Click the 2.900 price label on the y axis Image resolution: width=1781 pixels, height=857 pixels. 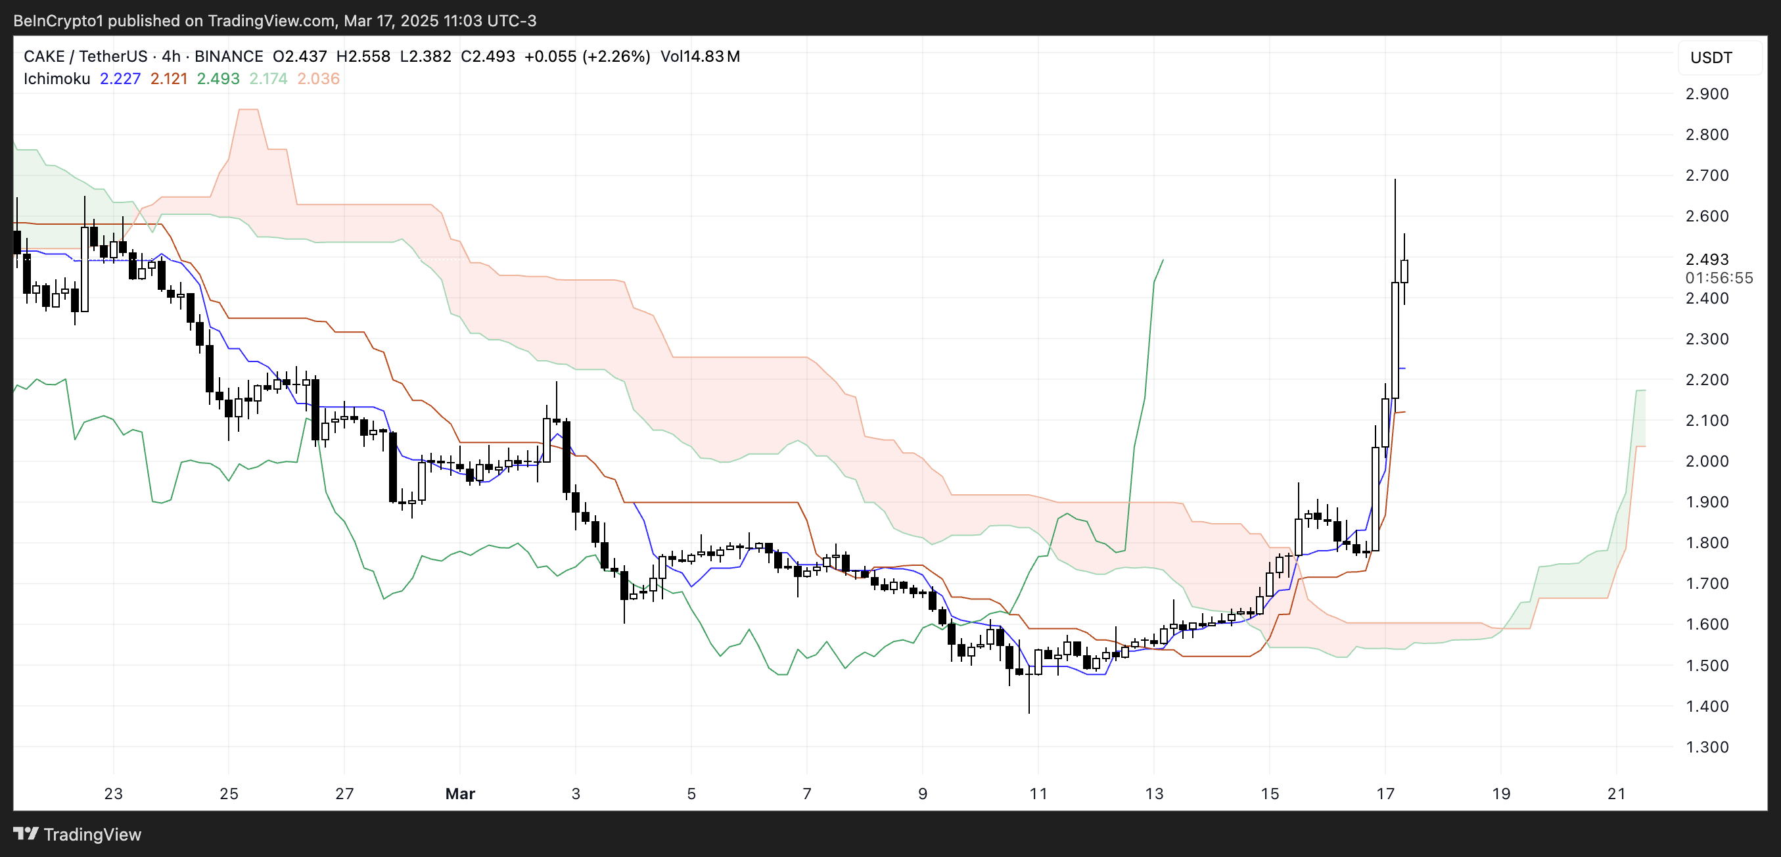pos(1706,94)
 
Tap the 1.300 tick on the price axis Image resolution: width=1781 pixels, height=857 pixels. pos(1706,747)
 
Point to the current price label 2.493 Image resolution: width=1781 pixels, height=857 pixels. pos(1706,259)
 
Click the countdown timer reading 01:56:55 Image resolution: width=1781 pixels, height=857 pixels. pos(1718,278)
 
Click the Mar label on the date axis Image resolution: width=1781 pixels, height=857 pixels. pos(460,793)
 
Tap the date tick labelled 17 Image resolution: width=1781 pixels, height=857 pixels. pos(1385,793)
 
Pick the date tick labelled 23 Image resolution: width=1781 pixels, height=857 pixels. pos(114,793)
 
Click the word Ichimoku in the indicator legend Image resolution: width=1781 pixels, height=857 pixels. pos(57,79)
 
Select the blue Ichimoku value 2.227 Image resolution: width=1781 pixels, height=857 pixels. pos(120,79)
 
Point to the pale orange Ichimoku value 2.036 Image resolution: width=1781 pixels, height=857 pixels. pos(318,79)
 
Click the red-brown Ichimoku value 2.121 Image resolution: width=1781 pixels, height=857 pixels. pos(169,79)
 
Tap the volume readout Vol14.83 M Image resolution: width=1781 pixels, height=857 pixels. pos(700,57)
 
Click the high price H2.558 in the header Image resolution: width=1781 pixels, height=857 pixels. pos(363,57)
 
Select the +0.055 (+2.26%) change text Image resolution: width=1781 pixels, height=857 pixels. pos(587,57)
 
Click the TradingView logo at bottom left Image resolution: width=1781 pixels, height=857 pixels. pos(77,834)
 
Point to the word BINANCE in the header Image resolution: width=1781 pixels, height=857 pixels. pos(228,57)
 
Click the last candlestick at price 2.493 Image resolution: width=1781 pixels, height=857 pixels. pos(1404,271)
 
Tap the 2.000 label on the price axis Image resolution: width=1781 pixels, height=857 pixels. pos(1706,461)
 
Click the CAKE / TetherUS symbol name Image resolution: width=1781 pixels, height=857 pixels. pos(85,57)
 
